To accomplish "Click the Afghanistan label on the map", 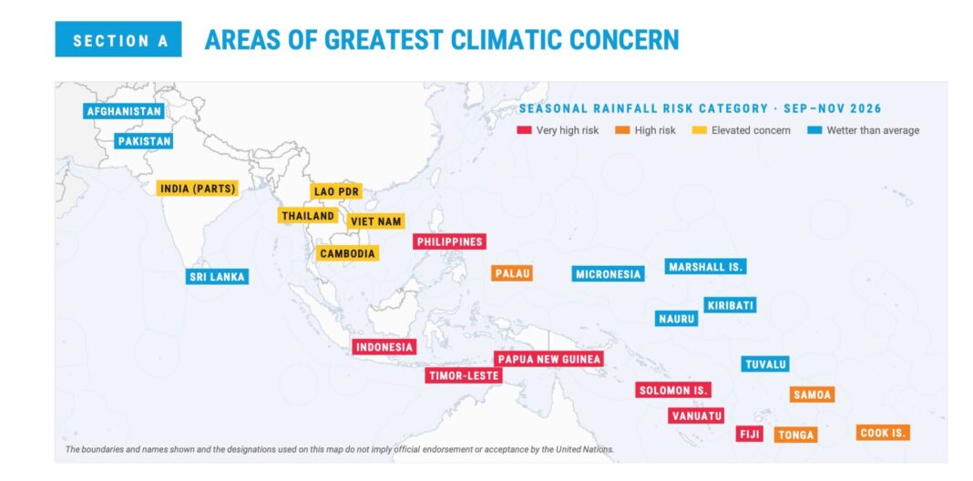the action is pos(124,111).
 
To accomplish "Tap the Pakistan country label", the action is pos(144,141).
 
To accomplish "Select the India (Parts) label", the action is pos(198,189).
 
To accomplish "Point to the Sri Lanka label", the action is pos(217,277).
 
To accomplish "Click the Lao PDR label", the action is pos(336,191).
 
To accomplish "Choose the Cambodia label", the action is pos(347,253).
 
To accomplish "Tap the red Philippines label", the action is pos(449,241).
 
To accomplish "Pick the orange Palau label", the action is pos(512,273).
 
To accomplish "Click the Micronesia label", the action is pos(609,273).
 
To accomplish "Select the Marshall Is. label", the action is pos(705,266).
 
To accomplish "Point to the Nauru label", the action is pos(676,319).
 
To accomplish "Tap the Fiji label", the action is pos(750,434).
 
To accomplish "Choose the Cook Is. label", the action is pos(883,433).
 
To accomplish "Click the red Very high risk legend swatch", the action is pos(524,130).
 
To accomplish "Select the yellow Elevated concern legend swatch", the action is pos(699,130).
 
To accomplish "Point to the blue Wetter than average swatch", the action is pos(814,130).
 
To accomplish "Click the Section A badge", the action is pos(118,39).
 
